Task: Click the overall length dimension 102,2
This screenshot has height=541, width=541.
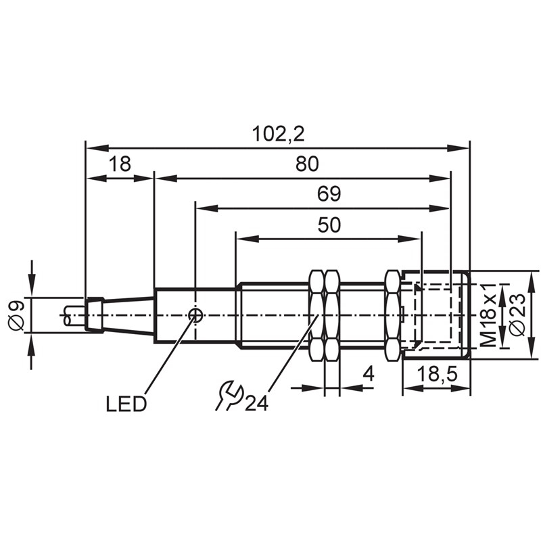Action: (278, 134)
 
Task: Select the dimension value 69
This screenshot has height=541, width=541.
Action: (329, 195)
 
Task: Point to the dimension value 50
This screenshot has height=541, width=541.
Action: (329, 225)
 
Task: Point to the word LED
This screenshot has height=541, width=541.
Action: (126, 404)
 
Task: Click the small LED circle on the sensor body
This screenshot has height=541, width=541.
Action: (195, 314)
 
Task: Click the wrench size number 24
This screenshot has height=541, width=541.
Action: (256, 403)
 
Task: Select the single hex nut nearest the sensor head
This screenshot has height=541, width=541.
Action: (392, 314)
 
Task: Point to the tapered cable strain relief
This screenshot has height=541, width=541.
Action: (128, 314)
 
